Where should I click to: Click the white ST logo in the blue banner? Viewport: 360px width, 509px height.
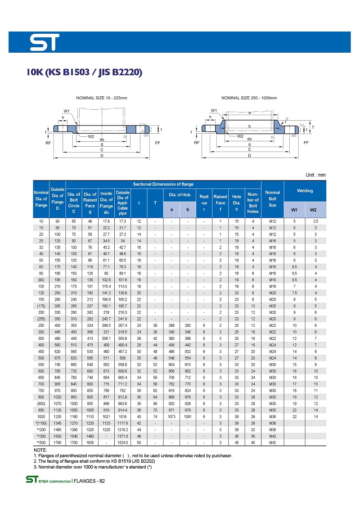coord(45,42)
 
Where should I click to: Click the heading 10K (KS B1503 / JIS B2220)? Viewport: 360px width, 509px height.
coord(85,72)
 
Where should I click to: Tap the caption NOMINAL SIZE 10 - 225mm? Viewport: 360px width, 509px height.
coord(102,98)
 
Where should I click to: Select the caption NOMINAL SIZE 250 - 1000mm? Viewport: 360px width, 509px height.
coord(249,98)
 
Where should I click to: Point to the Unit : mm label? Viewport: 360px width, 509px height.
coord(315,175)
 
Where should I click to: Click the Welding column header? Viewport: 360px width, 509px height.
coord(305,191)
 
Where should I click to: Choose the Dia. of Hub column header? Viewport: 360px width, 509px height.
coord(179,194)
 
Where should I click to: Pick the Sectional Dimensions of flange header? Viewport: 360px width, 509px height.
coord(163,184)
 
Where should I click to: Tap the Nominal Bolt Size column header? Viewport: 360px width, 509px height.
coord(272,198)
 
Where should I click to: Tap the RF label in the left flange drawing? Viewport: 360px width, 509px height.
coord(48,143)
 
